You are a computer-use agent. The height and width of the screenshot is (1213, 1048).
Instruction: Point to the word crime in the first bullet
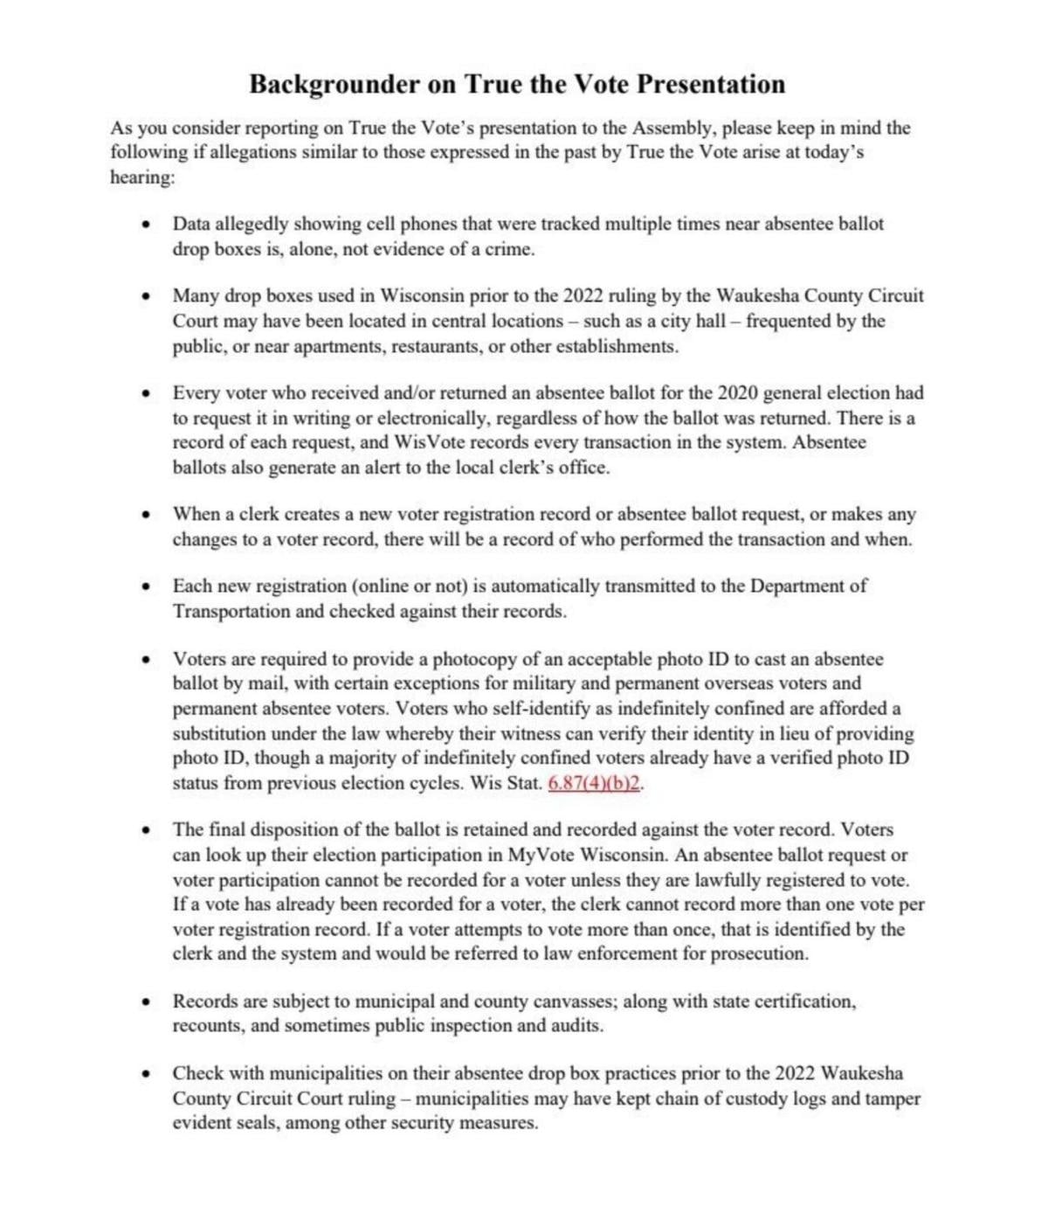[x=508, y=249]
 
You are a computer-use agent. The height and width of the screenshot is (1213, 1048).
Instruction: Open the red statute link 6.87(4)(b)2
[x=595, y=783]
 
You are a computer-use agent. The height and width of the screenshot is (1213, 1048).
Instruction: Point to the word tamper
[x=893, y=1099]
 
